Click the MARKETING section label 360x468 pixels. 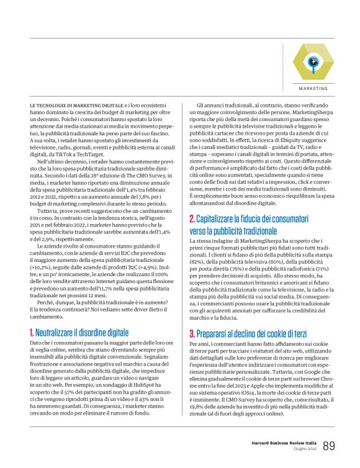tap(314, 88)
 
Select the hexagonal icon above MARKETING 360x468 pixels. tap(313, 62)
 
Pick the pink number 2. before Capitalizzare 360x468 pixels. tap(192, 219)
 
